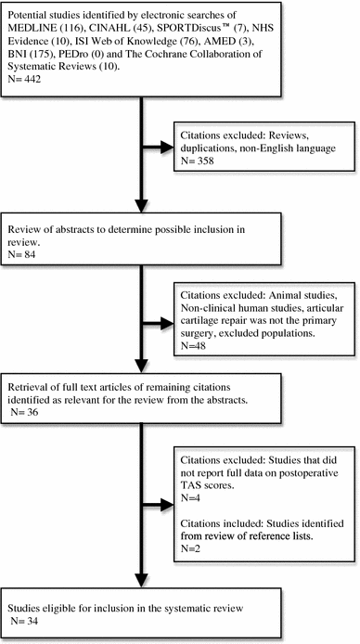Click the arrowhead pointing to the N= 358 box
pyautogui.click(x=174, y=146)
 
